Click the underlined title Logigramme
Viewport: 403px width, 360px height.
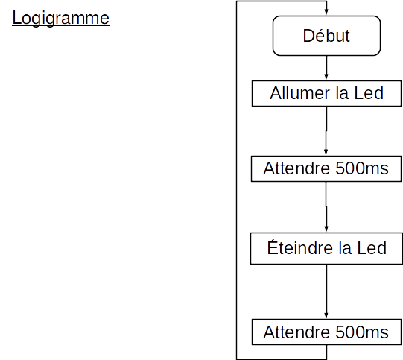(60, 19)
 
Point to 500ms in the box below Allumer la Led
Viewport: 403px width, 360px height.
(362, 168)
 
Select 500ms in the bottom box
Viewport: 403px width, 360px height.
(362, 332)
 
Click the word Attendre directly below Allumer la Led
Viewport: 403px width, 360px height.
(296, 168)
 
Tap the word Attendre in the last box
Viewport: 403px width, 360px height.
(296, 332)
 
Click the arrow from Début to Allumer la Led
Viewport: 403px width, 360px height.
(326, 67)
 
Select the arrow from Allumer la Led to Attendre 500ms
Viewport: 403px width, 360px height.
(326, 131)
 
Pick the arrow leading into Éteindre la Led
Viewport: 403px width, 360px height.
(326, 206)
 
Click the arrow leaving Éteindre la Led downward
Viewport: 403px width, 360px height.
(326, 291)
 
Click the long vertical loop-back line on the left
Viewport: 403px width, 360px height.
(236, 180)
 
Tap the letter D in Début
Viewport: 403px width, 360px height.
(308, 36)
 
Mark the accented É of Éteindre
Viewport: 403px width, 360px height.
(272, 247)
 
